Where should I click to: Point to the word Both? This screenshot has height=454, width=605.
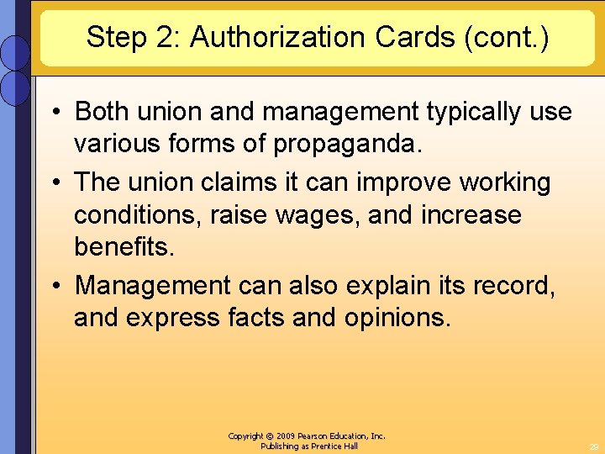[x=103, y=111]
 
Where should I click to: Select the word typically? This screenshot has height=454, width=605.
[x=455, y=111]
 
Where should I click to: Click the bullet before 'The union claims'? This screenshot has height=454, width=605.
[x=56, y=182]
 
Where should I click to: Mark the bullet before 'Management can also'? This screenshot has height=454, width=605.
[x=56, y=286]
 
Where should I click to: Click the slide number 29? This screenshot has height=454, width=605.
[x=593, y=447]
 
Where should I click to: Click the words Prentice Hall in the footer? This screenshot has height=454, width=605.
[x=334, y=446]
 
